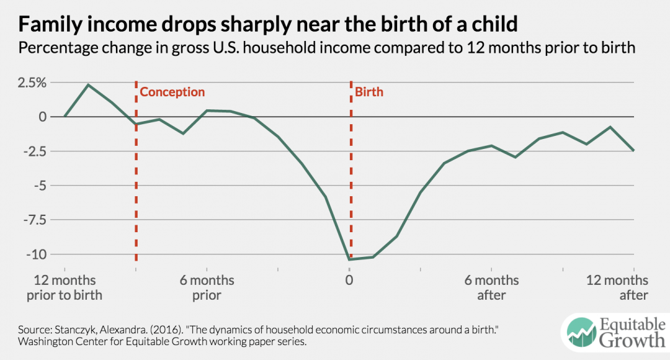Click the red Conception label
[172, 92]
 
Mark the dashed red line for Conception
[136, 186]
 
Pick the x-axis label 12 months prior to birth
[64, 287]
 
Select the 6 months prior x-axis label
[207, 287]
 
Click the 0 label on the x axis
[349, 281]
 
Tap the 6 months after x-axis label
[491, 287]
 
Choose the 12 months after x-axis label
[617, 287]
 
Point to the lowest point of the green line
[351, 259]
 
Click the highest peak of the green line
[88, 84]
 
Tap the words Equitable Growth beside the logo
[630, 331]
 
